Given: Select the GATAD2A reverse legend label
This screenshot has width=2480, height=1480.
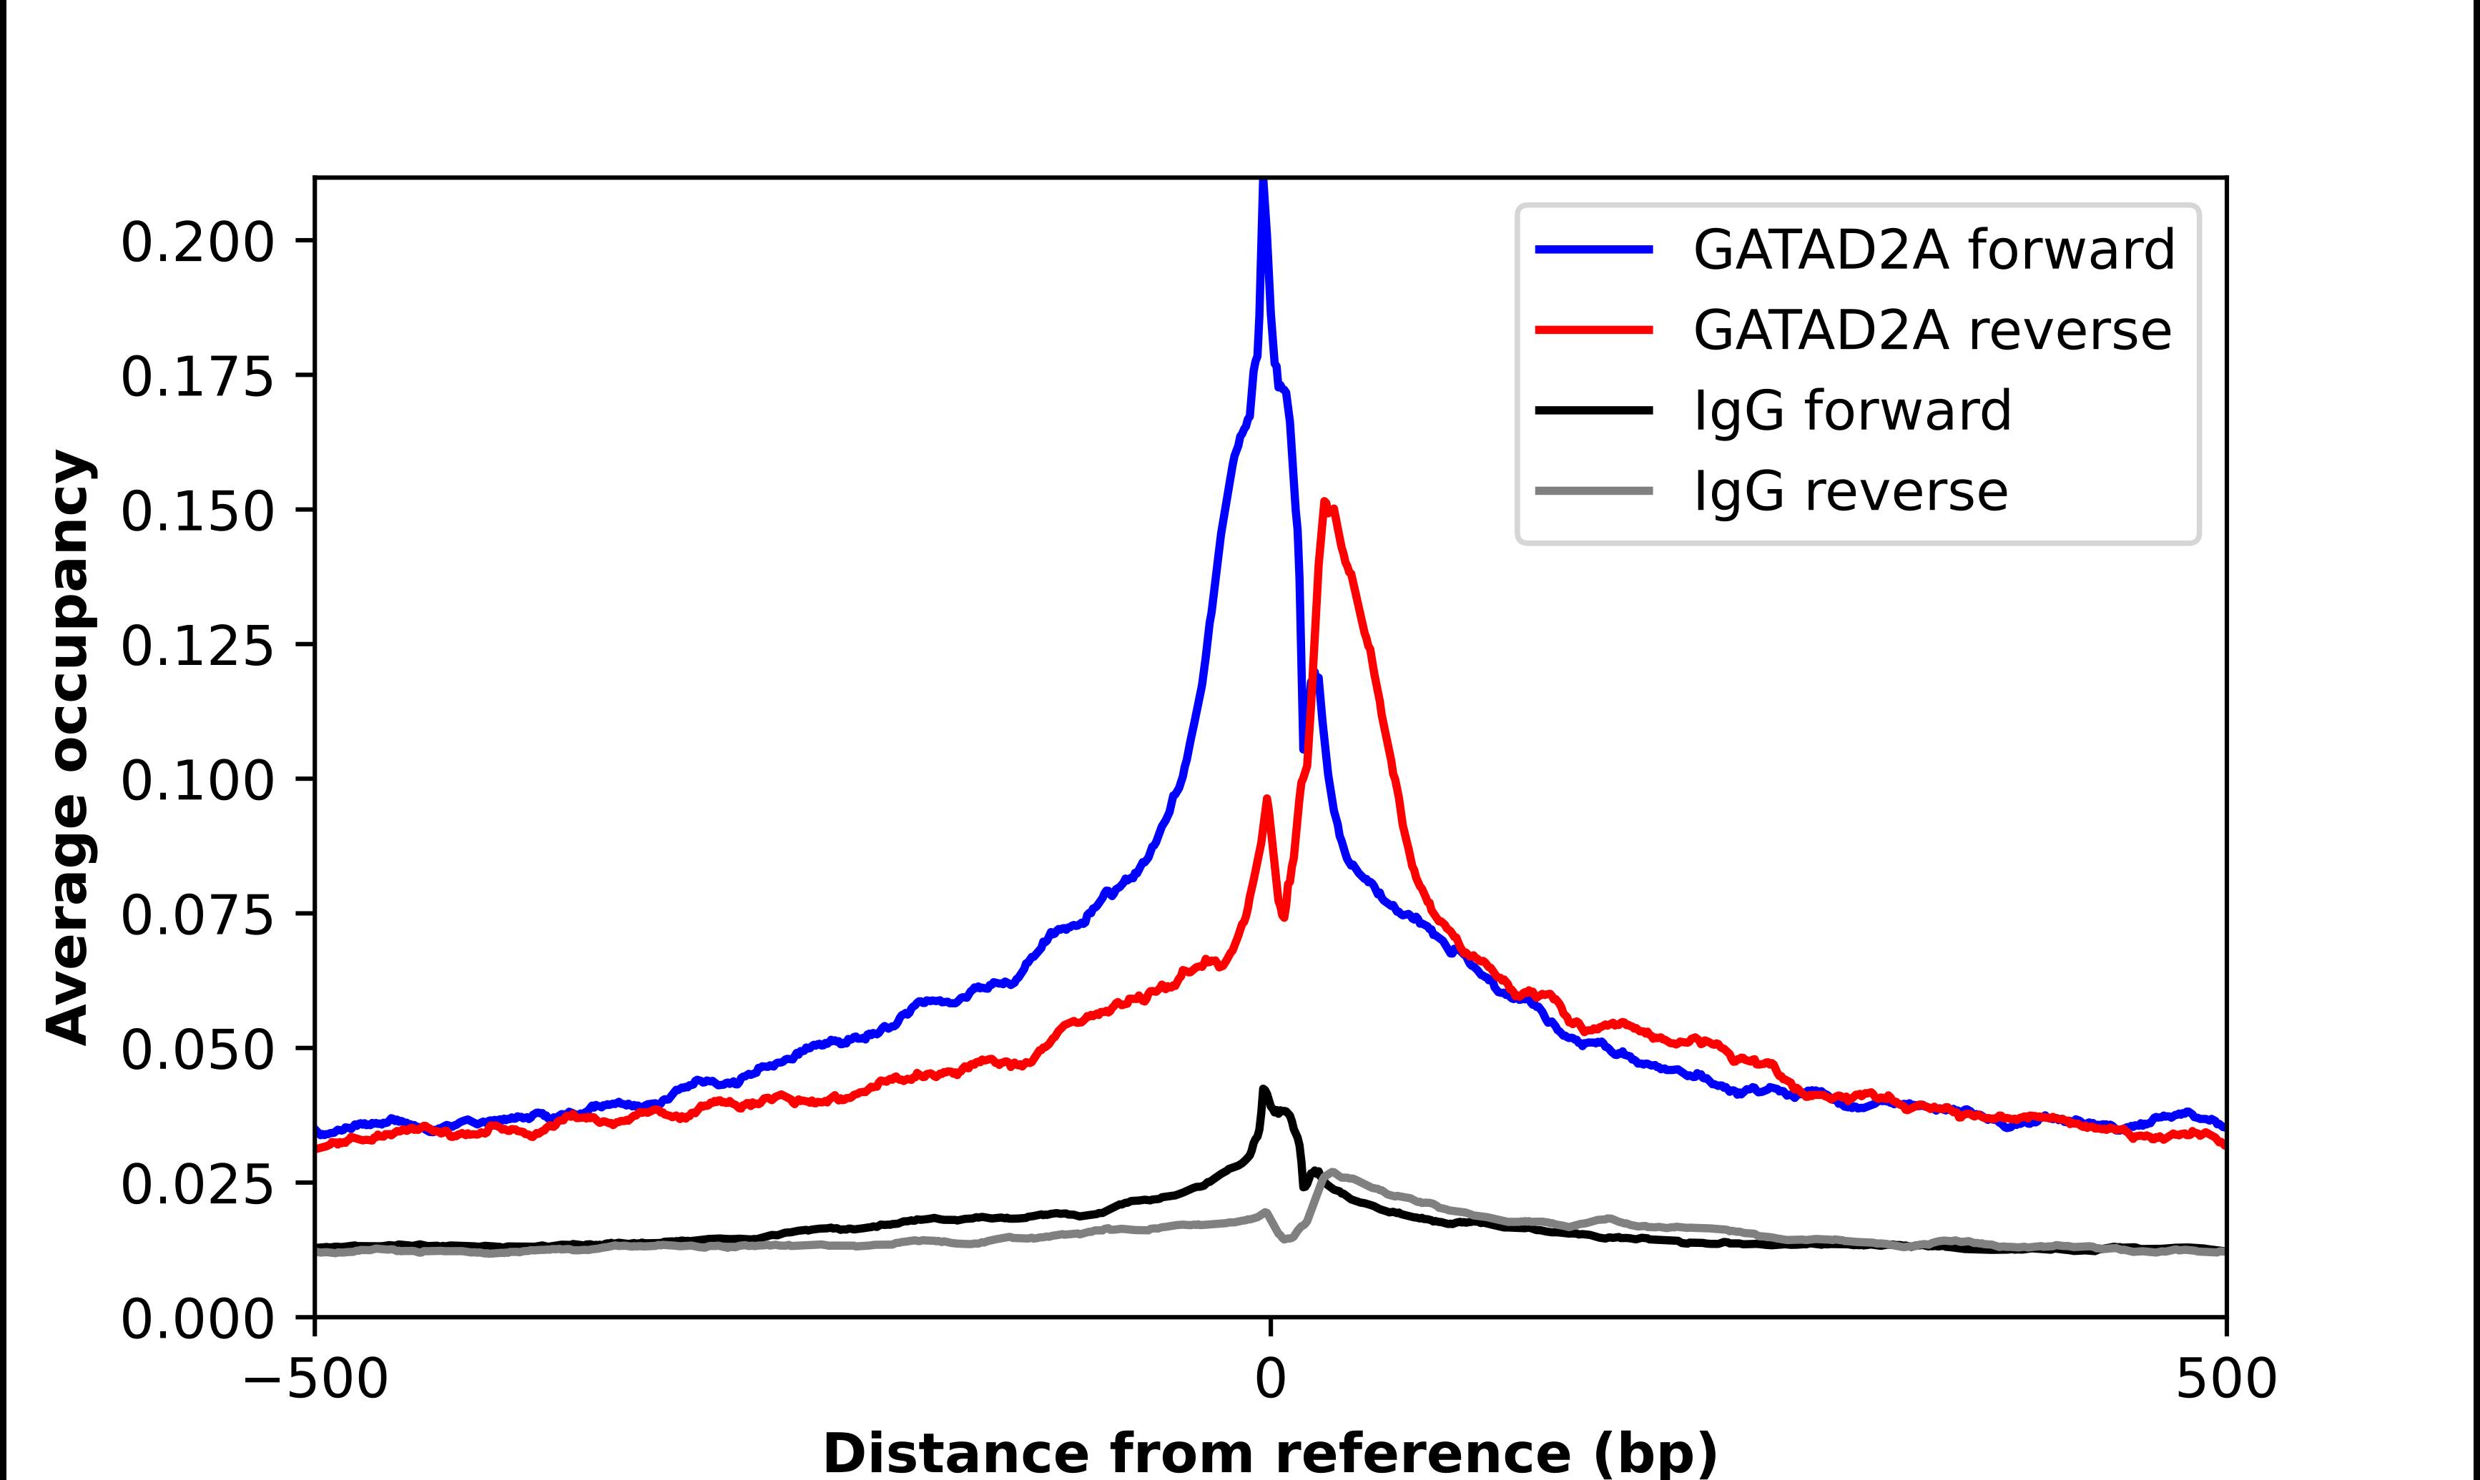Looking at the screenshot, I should pos(1932,330).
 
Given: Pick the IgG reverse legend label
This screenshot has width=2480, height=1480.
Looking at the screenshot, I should pos(1851,492).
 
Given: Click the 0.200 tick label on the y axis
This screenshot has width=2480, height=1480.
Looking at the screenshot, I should pos(197,242).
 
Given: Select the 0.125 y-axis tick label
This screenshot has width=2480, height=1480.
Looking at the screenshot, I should pos(197,646).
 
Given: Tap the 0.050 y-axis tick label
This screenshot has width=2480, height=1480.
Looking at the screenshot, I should pos(197,1050).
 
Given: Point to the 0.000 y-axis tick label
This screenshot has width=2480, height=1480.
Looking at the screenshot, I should pos(197,1319).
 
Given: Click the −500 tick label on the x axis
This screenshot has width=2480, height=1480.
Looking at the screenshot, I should pos(315,1379).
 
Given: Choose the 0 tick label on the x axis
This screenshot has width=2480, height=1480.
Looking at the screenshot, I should pos(1269,1379).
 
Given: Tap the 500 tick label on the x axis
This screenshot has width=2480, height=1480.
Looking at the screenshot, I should pos(2225,1379).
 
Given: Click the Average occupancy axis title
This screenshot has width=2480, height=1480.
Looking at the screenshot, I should pos(70,748).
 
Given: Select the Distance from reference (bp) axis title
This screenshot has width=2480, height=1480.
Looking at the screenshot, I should pos(1269,1453).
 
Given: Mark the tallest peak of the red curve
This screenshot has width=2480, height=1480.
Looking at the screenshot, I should pos(1325,502).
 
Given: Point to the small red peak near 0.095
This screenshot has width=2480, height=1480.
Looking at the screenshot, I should pos(1267,798).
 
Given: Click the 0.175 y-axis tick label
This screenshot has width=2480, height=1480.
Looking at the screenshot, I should pos(197,377).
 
